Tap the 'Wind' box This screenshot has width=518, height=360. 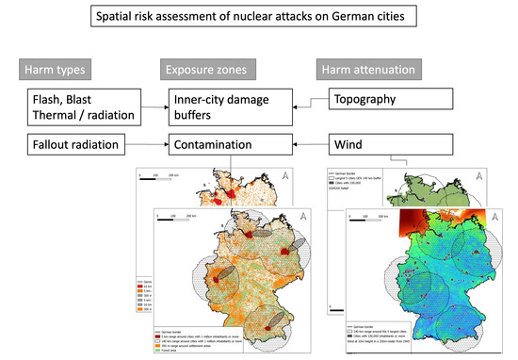(372, 146)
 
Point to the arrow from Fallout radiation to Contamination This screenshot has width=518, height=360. (151, 146)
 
